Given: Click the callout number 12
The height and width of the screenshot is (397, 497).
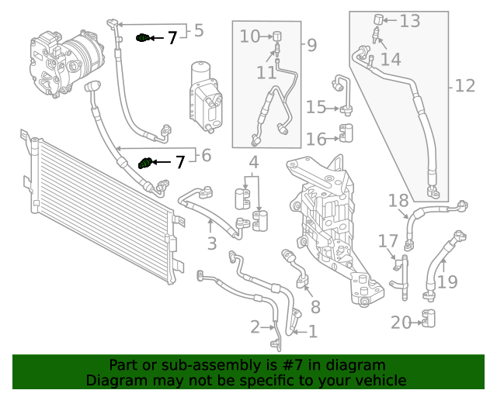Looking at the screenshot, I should point(464,85).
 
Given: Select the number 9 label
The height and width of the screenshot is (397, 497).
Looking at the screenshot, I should point(311,45).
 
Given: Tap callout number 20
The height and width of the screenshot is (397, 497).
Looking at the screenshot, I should point(401,323).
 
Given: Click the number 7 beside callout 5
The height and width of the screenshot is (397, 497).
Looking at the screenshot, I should point(172,37).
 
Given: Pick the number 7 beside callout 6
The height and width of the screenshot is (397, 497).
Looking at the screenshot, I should point(179,162).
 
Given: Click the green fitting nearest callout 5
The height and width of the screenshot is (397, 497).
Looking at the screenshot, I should point(141,37).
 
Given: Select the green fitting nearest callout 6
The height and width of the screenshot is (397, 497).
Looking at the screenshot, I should point(142,163).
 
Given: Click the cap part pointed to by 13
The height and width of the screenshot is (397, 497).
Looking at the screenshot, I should point(379,19).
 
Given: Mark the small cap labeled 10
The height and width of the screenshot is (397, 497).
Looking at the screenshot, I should point(275,36).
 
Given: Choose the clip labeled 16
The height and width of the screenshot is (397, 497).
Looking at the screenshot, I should point(346,139).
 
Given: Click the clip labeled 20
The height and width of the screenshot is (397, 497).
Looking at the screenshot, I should point(428,318).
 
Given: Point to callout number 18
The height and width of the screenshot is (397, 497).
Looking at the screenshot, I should point(398,202).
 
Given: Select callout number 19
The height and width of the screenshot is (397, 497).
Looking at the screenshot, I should point(447,281).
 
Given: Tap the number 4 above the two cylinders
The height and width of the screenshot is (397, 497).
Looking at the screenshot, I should point(253,163).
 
